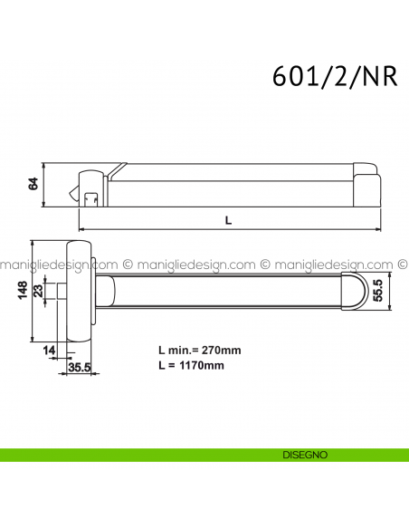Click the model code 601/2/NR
coord(333,75)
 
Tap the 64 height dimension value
coord(33,184)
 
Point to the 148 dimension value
coord(21,290)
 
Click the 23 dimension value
coord(38,291)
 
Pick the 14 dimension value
coord(48,349)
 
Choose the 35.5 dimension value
coord(81,368)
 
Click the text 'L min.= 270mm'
coord(199,350)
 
